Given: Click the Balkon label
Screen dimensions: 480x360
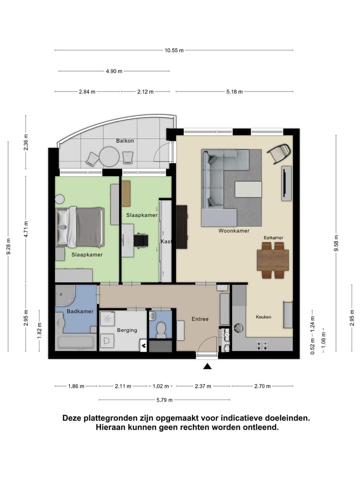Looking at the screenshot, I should pyautogui.click(x=124, y=140).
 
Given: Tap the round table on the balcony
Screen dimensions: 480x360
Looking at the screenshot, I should pyautogui.click(x=108, y=156).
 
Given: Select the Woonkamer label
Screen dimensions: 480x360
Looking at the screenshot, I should pyautogui.click(x=233, y=231).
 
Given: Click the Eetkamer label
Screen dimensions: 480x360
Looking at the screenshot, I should pyautogui.click(x=273, y=238).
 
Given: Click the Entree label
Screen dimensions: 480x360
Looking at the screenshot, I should pyautogui.click(x=199, y=319).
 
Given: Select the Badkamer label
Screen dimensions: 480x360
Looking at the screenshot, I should pyautogui.click(x=80, y=311).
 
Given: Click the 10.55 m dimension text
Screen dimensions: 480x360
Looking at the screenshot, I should pyautogui.click(x=174, y=50).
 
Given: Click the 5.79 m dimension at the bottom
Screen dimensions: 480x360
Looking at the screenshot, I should pyautogui.click(x=164, y=400).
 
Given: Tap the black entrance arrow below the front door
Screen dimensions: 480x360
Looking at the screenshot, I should pyautogui.click(x=207, y=367).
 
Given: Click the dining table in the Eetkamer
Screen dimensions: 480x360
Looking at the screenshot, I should pyautogui.click(x=272, y=260).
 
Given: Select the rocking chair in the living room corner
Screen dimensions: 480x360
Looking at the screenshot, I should pyautogui.click(x=279, y=153).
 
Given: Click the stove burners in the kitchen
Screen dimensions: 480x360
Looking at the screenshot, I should pyautogui.click(x=262, y=344).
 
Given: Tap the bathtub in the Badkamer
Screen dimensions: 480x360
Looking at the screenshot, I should pyautogui.click(x=76, y=343).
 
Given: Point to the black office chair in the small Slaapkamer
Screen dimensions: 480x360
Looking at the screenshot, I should pyautogui.click(x=141, y=240).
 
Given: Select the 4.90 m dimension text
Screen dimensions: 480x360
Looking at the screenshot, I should pyautogui.click(x=114, y=71).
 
